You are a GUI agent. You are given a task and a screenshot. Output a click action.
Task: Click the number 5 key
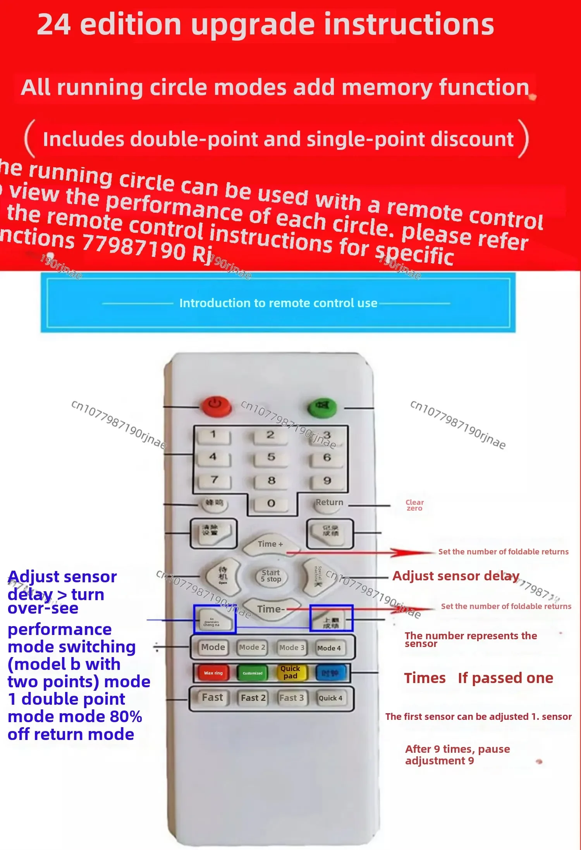pos(271,458)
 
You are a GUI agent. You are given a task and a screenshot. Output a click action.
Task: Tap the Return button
pos(329,503)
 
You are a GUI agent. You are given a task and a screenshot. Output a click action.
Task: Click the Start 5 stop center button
pos(271,576)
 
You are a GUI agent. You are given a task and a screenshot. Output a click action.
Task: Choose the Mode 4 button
pos(329,648)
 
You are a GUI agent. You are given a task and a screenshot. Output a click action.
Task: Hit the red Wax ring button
pos(213,673)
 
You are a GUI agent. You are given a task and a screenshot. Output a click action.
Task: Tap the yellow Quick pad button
pos(290,672)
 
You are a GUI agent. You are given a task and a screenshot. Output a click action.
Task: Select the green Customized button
pos(253,673)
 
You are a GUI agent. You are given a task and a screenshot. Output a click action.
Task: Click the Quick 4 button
pos(330,698)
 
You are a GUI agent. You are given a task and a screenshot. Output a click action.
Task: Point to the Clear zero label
pos(414,505)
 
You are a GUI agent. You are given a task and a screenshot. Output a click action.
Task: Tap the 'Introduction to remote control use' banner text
pos(278,303)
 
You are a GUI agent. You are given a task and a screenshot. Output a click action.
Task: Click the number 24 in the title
pos(54,24)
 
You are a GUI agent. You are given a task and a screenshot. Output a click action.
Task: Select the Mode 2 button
pos(252,647)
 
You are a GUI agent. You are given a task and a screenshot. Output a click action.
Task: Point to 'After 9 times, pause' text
pos(457,749)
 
